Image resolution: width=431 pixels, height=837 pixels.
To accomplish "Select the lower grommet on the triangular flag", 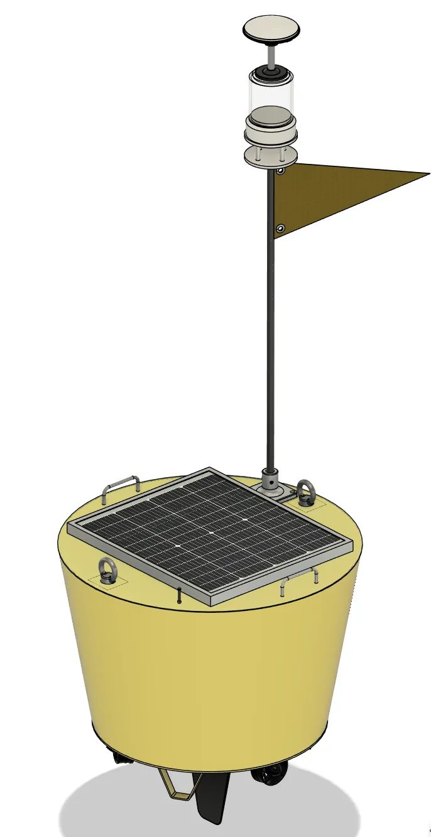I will click(280, 229).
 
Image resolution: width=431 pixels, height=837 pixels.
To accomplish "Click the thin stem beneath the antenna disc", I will click(271, 57).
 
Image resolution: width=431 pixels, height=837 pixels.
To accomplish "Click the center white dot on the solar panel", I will click(212, 532).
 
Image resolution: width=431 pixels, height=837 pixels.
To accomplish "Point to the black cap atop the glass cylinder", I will click(271, 73).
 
